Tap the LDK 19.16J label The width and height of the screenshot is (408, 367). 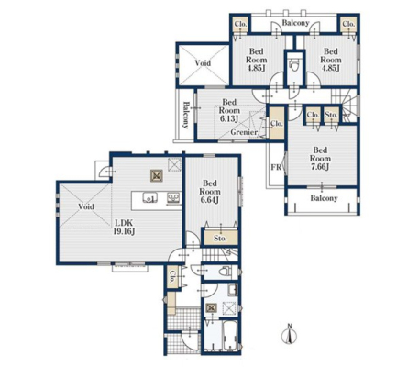coord(124,228)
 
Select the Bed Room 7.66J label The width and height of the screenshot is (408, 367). coord(320,159)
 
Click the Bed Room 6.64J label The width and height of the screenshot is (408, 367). coord(210,192)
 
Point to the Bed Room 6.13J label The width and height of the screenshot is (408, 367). coord(229,110)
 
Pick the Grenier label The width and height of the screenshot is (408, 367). coord(244,132)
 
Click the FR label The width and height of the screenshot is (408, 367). coord(276,167)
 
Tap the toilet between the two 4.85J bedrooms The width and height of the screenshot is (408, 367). coord(294,65)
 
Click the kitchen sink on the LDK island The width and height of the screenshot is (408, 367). coord(150,198)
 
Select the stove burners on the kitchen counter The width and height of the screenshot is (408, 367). coord(173,197)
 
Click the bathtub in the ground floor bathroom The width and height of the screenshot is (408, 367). coord(230,336)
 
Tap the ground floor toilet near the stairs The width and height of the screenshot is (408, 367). coord(226,271)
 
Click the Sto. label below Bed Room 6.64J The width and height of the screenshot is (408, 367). coord(220,238)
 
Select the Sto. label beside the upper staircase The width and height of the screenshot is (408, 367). coord(331,115)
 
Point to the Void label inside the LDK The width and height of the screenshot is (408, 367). coord(86,206)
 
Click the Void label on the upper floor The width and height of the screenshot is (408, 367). coord(203,63)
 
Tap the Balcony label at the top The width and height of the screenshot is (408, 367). coord(295,23)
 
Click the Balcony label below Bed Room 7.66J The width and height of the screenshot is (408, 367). coord(324,198)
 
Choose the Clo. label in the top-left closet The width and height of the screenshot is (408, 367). coord(240,24)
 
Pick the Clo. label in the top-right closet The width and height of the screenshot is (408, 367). coord(348,24)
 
